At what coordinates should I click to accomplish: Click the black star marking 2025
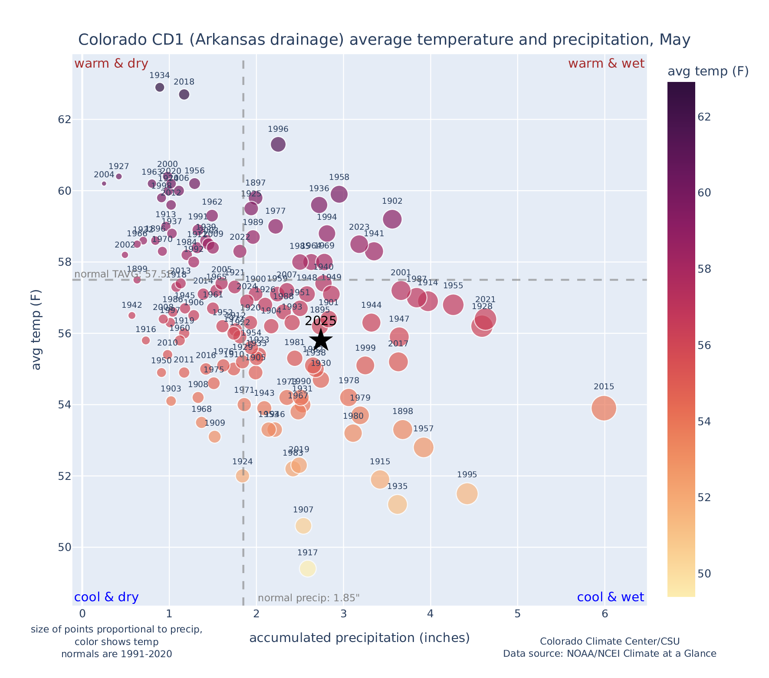coord(321,340)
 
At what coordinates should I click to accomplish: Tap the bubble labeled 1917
coord(308,568)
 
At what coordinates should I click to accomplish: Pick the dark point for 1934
coord(160,87)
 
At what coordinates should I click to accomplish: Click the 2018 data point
coord(184,95)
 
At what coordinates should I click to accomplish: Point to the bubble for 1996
coord(278,144)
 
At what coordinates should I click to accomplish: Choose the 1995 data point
coord(467,494)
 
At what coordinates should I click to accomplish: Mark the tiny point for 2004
coord(104,183)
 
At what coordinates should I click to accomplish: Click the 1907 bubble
coord(303,526)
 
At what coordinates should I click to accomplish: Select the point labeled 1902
coord(392,219)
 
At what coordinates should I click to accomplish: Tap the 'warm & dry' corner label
coord(112,64)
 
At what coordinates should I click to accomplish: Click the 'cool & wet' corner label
coord(611,597)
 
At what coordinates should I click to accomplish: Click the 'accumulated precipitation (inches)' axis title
coord(359,638)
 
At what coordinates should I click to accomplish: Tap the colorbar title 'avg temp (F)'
coord(708,72)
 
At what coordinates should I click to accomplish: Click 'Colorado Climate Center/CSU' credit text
coord(609,642)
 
